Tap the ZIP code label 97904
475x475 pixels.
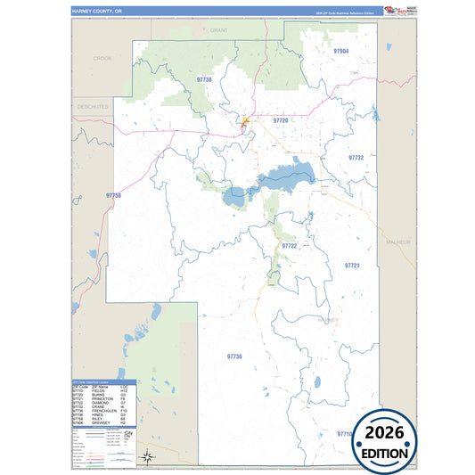pos(340,52)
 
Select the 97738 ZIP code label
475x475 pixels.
pos(204,79)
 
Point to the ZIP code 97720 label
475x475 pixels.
pos(281,119)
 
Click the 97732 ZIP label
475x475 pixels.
pos(356,157)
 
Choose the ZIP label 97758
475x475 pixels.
pos(112,195)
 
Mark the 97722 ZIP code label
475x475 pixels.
pos(289,245)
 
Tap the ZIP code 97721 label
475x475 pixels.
pos(352,266)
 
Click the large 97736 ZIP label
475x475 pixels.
pos(234,356)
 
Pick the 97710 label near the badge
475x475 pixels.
pos(345,433)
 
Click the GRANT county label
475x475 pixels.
pos(219,29)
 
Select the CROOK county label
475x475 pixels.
pos(102,58)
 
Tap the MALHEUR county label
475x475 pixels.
pos(396,242)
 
